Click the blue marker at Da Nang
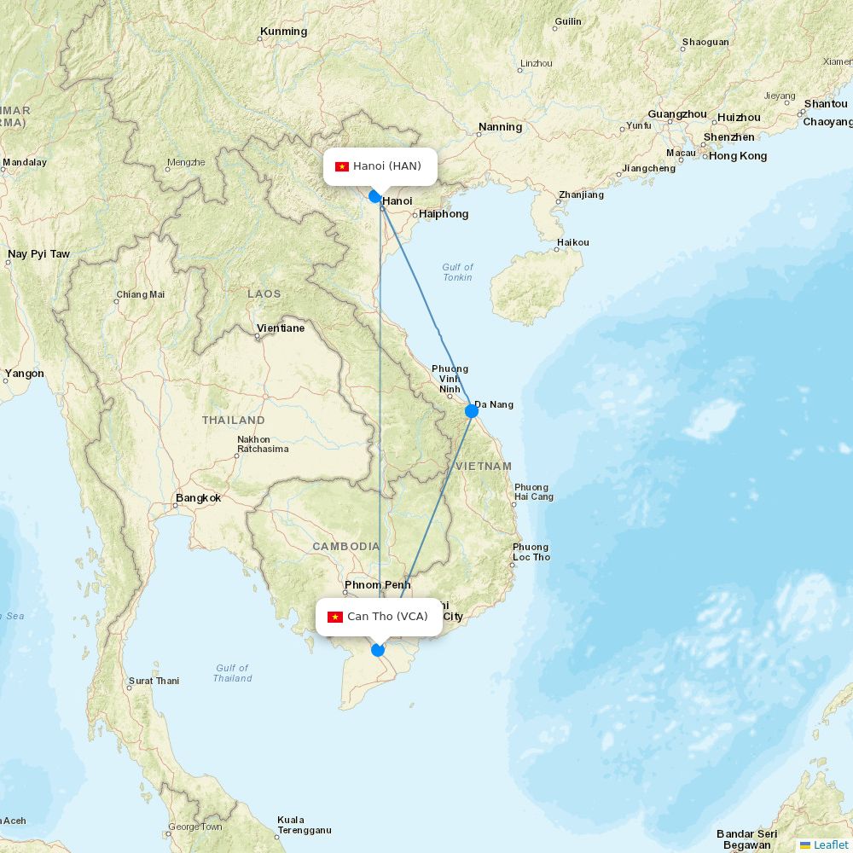(x=472, y=411)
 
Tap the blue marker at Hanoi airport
(x=374, y=196)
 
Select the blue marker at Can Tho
(x=378, y=650)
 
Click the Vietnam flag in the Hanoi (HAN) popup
(x=342, y=166)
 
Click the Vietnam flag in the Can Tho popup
(x=335, y=617)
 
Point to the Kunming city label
(x=283, y=32)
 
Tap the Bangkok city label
(x=198, y=498)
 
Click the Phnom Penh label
(x=377, y=585)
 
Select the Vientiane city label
(x=281, y=328)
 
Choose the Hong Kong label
(x=738, y=156)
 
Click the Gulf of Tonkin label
(x=457, y=272)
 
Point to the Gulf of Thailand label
(x=232, y=673)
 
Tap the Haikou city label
(x=572, y=242)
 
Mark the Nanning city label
(x=500, y=127)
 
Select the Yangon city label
(x=24, y=374)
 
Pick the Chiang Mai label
(x=141, y=295)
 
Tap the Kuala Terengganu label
(x=304, y=825)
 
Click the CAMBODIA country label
(x=345, y=546)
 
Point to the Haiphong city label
(x=444, y=214)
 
